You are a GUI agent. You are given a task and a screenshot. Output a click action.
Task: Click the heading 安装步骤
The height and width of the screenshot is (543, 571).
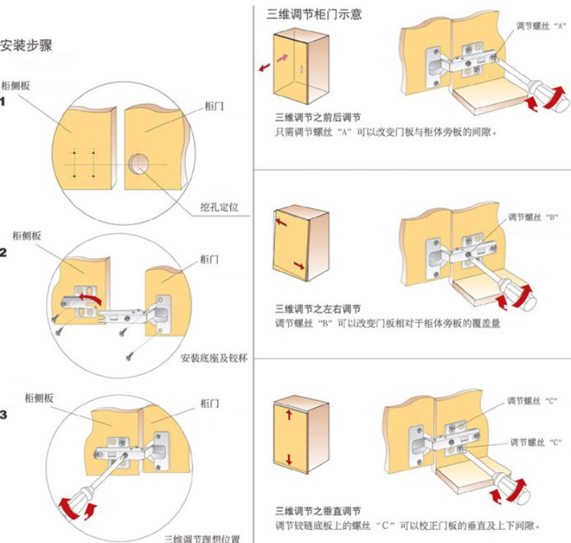tap(26, 45)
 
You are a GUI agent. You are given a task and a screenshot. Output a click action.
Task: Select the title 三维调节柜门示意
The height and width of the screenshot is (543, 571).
tap(314, 14)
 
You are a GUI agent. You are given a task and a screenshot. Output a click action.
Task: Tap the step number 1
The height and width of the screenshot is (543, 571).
tap(4, 101)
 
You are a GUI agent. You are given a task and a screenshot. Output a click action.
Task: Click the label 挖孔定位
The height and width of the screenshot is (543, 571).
tap(217, 207)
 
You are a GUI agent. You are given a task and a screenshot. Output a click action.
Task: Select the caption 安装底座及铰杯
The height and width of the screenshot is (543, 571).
tap(212, 358)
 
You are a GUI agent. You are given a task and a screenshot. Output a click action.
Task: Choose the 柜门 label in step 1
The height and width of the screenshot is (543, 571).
tap(214, 106)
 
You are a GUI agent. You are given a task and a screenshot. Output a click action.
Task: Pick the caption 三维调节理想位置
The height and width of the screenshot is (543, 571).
tap(197, 538)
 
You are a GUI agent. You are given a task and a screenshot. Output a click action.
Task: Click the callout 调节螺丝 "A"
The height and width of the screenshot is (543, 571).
tap(541, 26)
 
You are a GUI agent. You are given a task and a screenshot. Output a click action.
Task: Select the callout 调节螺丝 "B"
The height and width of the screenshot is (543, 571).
tap(533, 217)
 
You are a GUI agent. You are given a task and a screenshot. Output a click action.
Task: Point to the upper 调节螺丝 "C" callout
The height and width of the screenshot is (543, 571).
tap(533, 401)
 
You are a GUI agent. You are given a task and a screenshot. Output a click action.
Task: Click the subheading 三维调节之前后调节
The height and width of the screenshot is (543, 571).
tap(317, 118)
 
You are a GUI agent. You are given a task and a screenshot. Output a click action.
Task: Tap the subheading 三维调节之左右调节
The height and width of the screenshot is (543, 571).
tap(317, 308)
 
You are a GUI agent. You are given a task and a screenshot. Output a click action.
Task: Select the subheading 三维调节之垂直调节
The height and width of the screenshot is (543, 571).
tap(317, 510)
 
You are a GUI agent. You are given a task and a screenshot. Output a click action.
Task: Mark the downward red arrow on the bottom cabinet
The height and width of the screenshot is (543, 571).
tap(289, 460)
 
